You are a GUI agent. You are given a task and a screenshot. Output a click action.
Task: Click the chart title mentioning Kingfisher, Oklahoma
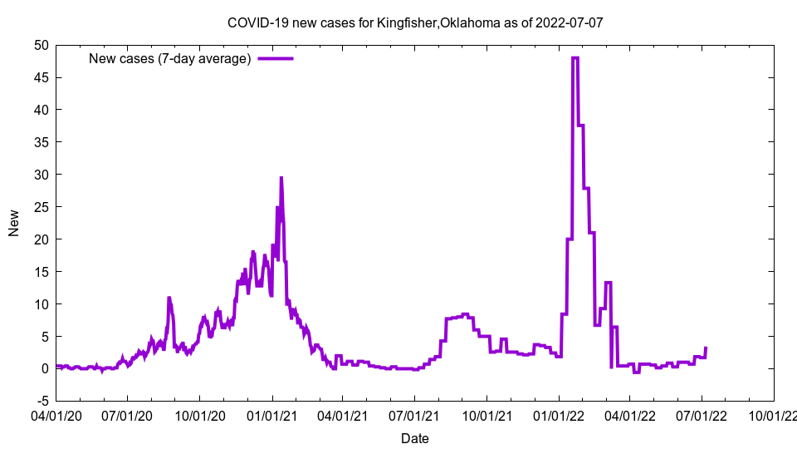coord(415,22)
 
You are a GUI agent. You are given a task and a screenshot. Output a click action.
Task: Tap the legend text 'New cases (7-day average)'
coord(169,58)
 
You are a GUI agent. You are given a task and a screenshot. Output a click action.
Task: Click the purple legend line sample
coord(276,58)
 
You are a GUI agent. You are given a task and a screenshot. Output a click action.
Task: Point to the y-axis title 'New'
coord(14,223)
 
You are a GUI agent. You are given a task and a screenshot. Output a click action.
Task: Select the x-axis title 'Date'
coord(415,438)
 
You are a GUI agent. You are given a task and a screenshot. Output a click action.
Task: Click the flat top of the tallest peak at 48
coord(575,58)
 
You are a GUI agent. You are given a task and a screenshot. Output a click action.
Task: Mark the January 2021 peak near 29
coord(281,178)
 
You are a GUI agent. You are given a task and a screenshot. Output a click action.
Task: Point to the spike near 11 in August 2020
coord(169,298)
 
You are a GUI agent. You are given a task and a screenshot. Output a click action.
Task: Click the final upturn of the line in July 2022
coord(706,348)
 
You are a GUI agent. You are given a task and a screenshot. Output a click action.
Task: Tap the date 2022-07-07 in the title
coord(570,22)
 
